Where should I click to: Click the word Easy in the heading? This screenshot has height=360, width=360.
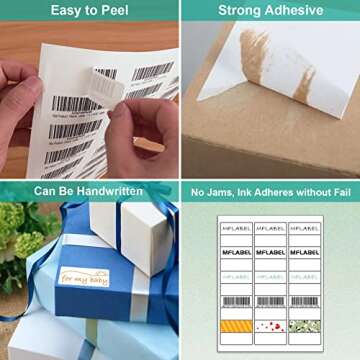pyautogui.click(x=66, y=11)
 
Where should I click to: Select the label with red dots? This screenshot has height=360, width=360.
pyautogui.click(x=270, y=325)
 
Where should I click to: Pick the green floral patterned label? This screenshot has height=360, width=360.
pyautogui.click(x=304, y=325)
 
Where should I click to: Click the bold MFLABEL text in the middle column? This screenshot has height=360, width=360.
pyautogui.click(x=270, y=253)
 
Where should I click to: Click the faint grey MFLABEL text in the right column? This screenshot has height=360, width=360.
pyautogui.click(x=304, y=276)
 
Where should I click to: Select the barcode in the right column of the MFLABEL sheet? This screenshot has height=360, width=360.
pyautogui.click(x=304, y=301)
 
